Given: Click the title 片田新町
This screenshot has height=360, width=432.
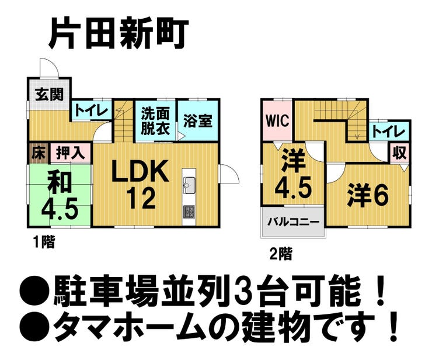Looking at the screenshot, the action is coord(119,34).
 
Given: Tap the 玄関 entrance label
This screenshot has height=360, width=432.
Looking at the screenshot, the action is coord(49,94).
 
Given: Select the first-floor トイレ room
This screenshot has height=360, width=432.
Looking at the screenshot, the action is coord(92,110).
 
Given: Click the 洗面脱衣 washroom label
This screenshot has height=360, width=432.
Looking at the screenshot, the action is coord(155,121).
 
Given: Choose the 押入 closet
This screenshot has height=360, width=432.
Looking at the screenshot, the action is coord(71,153).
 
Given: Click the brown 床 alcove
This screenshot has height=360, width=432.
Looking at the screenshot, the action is coord(39,153).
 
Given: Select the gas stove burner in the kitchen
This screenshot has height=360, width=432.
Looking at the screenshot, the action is coord(189,212).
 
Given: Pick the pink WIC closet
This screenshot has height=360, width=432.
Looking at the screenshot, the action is coord(277,120).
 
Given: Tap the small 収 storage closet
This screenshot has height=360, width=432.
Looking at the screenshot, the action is coord(400,152).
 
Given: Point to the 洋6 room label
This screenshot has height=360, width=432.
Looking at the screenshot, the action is coord(368,195).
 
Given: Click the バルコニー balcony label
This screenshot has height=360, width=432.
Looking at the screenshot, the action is coord(294,222).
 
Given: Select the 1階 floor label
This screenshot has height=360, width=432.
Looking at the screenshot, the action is coord(44,243).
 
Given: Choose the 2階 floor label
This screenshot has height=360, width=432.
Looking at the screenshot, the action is coord(281,254).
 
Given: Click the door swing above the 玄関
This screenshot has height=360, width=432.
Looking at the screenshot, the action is coord(49,68).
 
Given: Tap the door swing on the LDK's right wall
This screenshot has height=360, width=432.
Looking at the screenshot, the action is coord(229,174).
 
